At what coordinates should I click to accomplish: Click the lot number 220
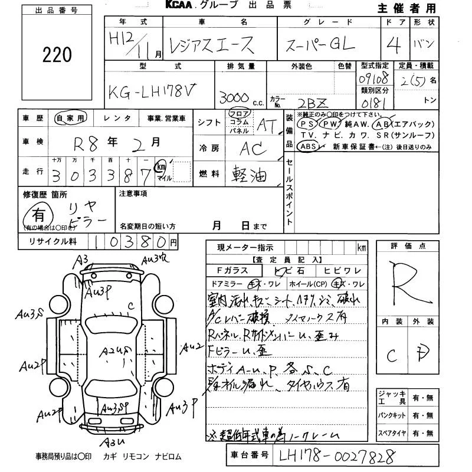(x=57, y=55)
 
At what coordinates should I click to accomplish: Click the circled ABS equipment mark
(x=309, y=146)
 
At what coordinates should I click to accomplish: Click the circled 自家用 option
(x=70, y=118)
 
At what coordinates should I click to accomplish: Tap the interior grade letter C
(x=391, y=356)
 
